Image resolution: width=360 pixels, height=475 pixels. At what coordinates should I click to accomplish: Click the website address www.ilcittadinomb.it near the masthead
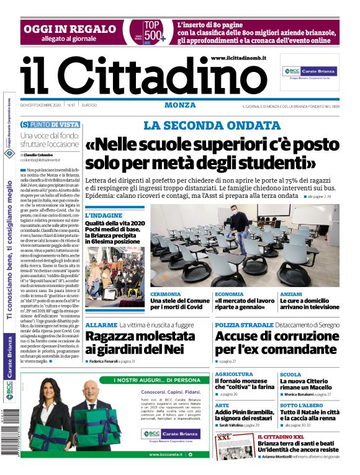pyautogui.click(x=238, y=58)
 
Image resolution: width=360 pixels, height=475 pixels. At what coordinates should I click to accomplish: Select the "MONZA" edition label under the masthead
pyautogui.click(x=180, y=105)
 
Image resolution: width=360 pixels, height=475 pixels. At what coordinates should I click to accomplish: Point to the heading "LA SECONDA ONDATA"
pyautogui.click(x=203, y=125)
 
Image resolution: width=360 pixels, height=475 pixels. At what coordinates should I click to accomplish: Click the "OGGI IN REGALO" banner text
pyautogui.click(x=70, y=29)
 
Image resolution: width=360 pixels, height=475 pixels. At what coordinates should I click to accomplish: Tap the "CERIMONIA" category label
pyautogui.click(x=166, y=293)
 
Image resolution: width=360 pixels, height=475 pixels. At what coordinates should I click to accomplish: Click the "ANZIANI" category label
pyautogui.click(x=291, y=293)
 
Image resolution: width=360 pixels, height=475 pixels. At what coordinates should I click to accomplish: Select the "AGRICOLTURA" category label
pyautogui.click(x=234, y=375)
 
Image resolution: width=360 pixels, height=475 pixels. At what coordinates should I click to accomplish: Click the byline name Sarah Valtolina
pyautogui.click(x=236, y=425)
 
